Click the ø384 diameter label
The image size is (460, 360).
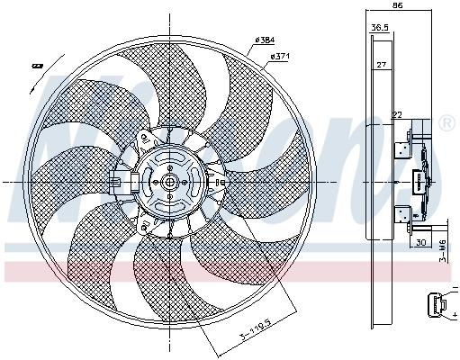264,40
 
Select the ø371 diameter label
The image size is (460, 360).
279,57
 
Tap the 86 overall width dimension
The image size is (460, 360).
397,6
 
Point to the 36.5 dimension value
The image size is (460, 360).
380,28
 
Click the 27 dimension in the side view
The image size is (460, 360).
381,65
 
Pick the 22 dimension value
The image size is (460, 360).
396,114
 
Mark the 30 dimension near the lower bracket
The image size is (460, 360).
419,242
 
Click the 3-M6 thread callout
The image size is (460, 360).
444,246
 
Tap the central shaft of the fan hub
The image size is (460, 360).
168,181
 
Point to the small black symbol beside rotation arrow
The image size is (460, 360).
38,65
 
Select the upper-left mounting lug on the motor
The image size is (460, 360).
144,138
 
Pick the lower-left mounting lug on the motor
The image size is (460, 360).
144,223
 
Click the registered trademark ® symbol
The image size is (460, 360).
447,122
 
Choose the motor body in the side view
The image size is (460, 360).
419,180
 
